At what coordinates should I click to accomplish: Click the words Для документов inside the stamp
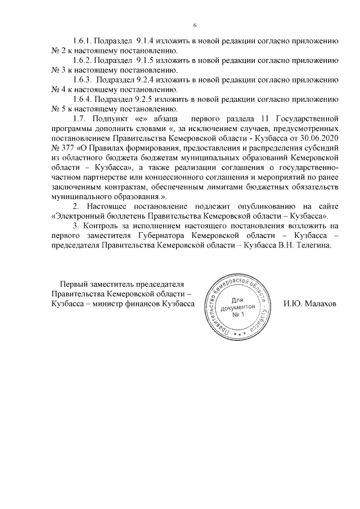tap(238, 304)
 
